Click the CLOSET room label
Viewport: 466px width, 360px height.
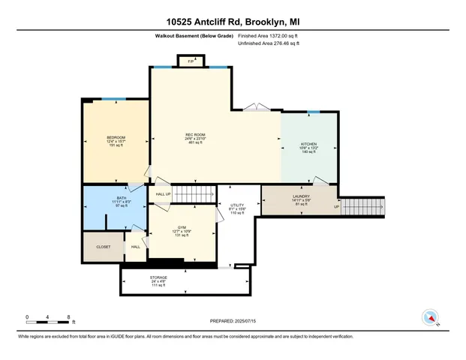[103, 246]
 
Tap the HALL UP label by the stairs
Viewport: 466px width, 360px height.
[163, 194]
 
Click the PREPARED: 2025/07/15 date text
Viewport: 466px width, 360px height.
[233, 320]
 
